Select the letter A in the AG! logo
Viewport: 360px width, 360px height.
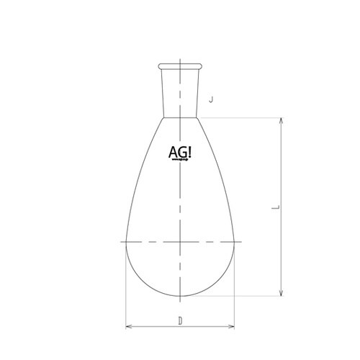click(173, 155)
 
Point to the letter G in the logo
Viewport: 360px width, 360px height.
click(183, 155)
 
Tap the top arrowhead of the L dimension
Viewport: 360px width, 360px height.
click(280, 120)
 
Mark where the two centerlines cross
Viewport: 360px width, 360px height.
click(180, 242)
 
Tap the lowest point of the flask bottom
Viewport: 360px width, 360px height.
click(180, 295)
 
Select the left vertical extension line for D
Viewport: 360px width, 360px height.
click(125, 288)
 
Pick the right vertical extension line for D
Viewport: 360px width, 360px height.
click(235, 288)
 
